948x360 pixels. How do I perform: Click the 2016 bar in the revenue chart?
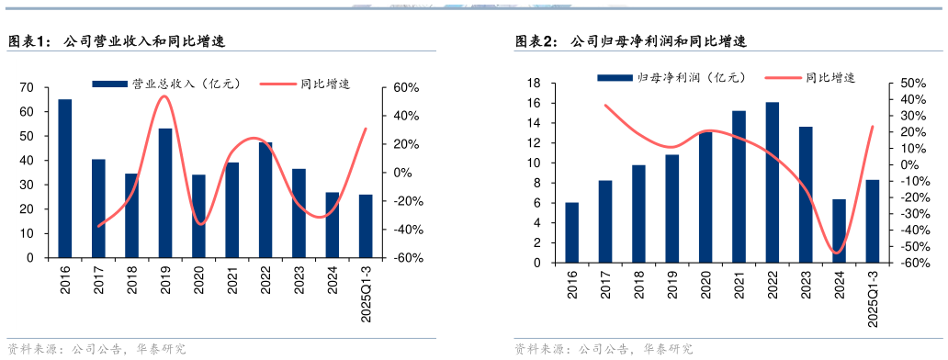pyautogui.click(x=65, y=178)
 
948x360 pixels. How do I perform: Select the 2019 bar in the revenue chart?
pyautogui.click(x=165, y=193)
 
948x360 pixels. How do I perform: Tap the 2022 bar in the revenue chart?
pyautogui.click(x=265, y=199)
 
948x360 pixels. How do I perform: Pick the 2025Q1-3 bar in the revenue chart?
pyautogui.click(x=366, y=226)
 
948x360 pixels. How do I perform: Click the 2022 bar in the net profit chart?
pyautogui.click(x=773, y=182)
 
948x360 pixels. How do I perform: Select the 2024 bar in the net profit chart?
pyautogui.click(x=839, y=231)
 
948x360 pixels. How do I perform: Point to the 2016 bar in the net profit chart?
pyautogui.click(x=572, y=232)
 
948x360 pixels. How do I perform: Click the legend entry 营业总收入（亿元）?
pyautogui.click(x=166, y=84)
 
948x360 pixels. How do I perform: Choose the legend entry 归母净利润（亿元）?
pyautogui.click(x=671, y=79)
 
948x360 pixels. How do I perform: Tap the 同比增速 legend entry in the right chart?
pyautogui.click(x=808, y=79)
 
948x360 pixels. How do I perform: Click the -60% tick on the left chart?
pyautogui.click(x=408, y=258)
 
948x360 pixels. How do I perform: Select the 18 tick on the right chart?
pyautogui.click(x=533, y=84)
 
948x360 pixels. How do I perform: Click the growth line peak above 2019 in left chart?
pyautogui.click(x=164, y=96)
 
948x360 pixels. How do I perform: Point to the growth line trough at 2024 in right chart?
pyautogui.click(x=838, y=253)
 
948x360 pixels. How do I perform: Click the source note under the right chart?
pyautogui.click(x=603, y=349)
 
